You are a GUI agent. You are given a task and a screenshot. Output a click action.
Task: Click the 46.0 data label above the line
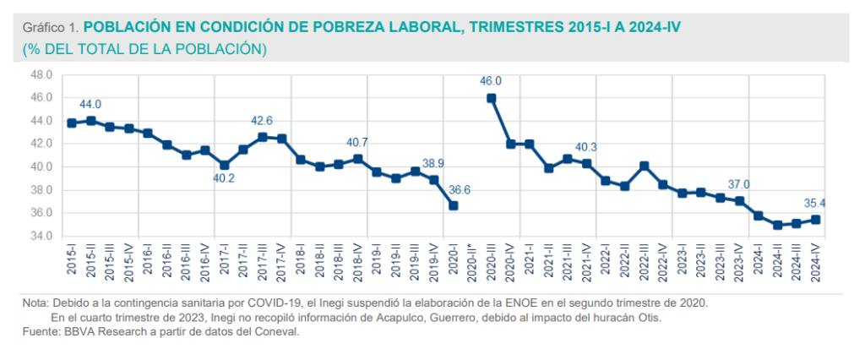(x=491, y=82)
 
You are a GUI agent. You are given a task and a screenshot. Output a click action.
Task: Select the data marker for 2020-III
(x=492, y=98)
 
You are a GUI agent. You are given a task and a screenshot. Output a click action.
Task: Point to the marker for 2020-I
(x=454, y=205)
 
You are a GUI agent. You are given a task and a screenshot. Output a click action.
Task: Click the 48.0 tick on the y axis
(x=41, y=74)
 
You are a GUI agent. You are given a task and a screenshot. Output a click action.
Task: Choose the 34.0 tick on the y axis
(x=41, y=236)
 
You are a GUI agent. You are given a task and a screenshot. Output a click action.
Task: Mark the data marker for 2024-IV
(x=816, y=220)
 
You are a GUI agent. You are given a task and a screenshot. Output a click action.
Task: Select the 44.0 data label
(x=90, y=105)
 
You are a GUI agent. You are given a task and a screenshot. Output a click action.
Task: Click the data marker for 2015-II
(x=91, y=121)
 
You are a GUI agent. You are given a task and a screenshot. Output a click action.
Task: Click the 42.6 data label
(x=262, y=121)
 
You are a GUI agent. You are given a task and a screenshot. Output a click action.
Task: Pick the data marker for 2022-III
(x=644, y=166)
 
